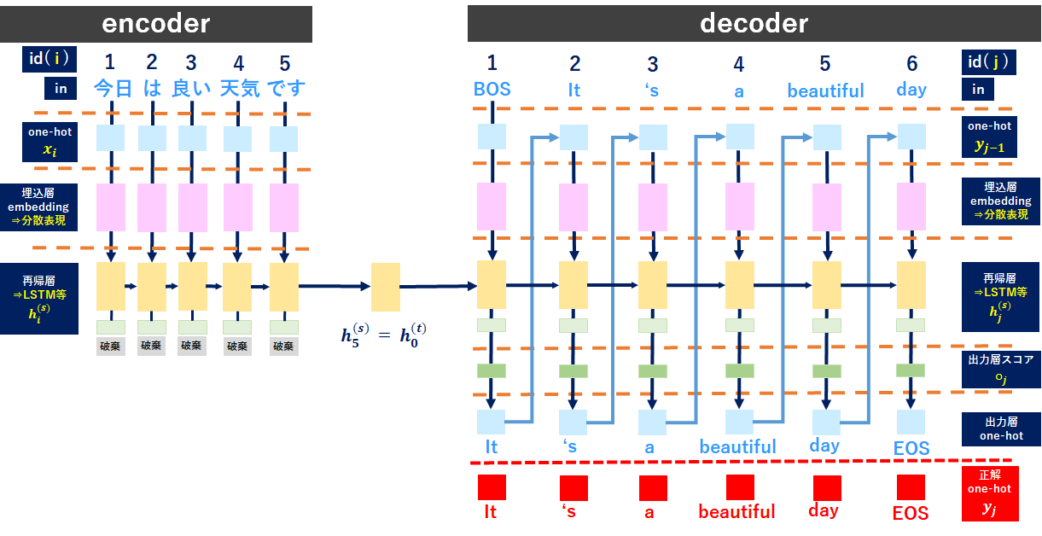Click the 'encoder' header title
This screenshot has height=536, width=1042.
(155, 23)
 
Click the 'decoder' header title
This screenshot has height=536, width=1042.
(754, 23)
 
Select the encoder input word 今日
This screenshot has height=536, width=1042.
(112, 88)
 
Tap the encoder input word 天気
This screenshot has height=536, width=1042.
(239, 88)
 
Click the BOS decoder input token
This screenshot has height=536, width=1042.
(492, 90)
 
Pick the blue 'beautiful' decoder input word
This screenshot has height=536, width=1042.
(825, 90)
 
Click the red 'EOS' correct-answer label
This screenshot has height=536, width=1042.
(911, 514)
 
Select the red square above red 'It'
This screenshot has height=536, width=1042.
(492, 487)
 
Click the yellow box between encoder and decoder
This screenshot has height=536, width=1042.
(385, 287)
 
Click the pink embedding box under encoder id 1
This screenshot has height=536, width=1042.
(111, 207)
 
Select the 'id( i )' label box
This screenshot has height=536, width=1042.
(48, 60)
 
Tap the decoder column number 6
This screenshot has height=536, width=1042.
(911, 63)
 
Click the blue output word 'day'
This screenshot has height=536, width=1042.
(824, 446)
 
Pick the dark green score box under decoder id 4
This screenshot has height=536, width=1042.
(739, 371)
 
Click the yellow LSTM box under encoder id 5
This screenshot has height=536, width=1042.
(284, 287)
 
